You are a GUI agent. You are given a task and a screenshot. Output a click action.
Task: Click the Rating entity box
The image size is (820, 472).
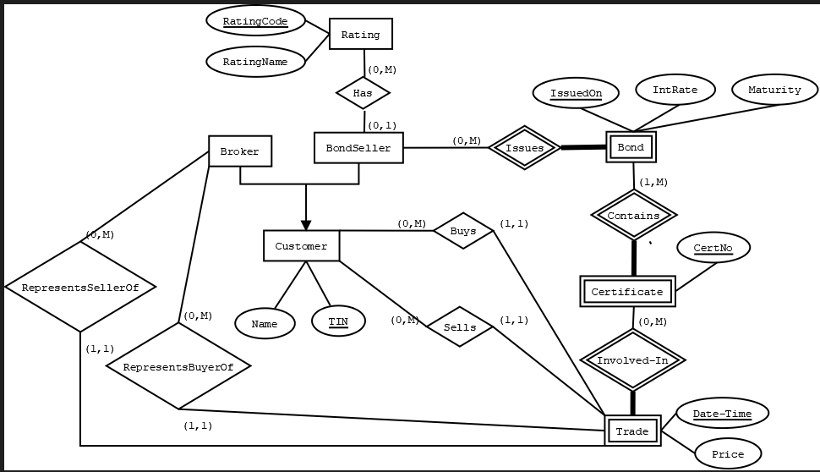pyautogui.click(x=360, y=35)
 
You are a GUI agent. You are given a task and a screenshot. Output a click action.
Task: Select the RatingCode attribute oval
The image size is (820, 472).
pyautogui.click(x=254, y=21)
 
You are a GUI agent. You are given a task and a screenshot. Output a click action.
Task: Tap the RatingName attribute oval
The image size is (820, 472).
pyautogui.click(x=254, y=62)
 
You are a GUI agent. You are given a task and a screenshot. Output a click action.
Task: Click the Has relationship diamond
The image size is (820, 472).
pyautogui.click(x=363, y=93)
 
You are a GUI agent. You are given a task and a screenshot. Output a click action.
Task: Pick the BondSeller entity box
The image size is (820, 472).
pyautogui.click(x=358, y=148)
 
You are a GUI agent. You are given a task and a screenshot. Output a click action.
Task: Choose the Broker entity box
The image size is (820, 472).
pyautogui.click(x=240, y=152)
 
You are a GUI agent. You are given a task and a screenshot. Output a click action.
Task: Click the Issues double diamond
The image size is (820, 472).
pyautogui.click(x=525, y=148)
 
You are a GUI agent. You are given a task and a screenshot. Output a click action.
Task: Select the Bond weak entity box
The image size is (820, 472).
pyautogui.click(x=631, y=147)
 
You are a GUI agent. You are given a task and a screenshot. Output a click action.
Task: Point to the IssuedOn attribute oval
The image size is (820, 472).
pyautogui.click(x=576, y=92)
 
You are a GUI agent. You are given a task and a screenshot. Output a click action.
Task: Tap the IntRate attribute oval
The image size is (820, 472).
pyautogui.click(x=675, y=90)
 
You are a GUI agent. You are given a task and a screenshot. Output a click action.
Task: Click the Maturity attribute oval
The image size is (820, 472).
pyautogui.click(x=774, y=90)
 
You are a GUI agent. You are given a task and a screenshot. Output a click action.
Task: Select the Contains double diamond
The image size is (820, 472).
pyautogui.click(x=633, y=216)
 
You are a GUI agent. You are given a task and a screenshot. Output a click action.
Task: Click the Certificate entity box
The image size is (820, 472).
pyautogui.click(x=627, y=292)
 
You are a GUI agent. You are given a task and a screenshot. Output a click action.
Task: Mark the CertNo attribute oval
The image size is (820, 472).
pyautogui.click(x=713, y=249)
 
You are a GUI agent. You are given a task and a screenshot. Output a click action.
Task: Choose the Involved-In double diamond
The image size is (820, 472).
pyautogui.click(x=632, y=360)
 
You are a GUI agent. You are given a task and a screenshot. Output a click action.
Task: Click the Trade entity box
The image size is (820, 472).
pyautogui.click(x=632, y=431)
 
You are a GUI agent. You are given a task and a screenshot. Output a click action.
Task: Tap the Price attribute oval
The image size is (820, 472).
pyautogui.click(x=727, y=454)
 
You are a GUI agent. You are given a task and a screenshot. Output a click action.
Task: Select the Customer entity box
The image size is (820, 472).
pyautogui.click(x=301, y=246)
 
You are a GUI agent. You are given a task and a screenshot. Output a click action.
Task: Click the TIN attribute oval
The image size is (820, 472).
pyautogui.click(x=338, y=321)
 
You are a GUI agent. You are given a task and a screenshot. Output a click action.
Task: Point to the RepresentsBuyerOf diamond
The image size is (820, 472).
pyautogui.click(x=178, y=367)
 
